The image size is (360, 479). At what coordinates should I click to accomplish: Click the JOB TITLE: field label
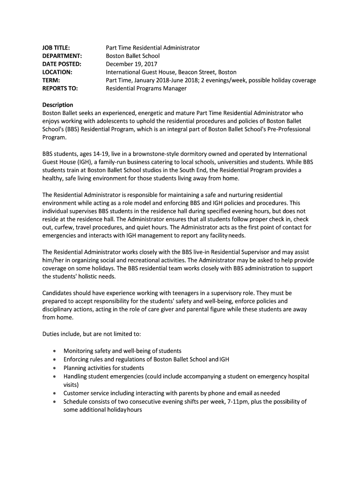click(x=56, y=48)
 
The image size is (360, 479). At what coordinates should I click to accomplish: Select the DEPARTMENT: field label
click(x=62, y=56)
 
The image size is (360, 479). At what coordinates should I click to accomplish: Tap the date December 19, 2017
click(x=131, y=64)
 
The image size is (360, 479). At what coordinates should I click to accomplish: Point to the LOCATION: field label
click(x=57, y=72)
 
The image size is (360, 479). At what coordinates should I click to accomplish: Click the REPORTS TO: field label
click(x=60, y=88)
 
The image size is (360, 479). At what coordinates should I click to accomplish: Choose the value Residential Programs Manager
click(x=146, y=88)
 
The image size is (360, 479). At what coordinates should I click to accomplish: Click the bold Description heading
click(x=58, y=105)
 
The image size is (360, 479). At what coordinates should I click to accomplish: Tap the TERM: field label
click(x=51, y=80)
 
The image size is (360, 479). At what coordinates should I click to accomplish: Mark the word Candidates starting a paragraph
click(x=58, y=293)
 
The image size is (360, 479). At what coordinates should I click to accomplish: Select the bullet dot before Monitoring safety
click(x=56, y=351)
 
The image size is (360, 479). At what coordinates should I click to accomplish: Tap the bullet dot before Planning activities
click(x=56, y=368)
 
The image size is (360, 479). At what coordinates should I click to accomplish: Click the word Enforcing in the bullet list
click(x=77, y=359)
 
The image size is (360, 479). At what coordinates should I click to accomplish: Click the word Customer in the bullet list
click(x=77, y=393)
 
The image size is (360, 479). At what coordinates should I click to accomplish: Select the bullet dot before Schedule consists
click(x=56, y=401)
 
